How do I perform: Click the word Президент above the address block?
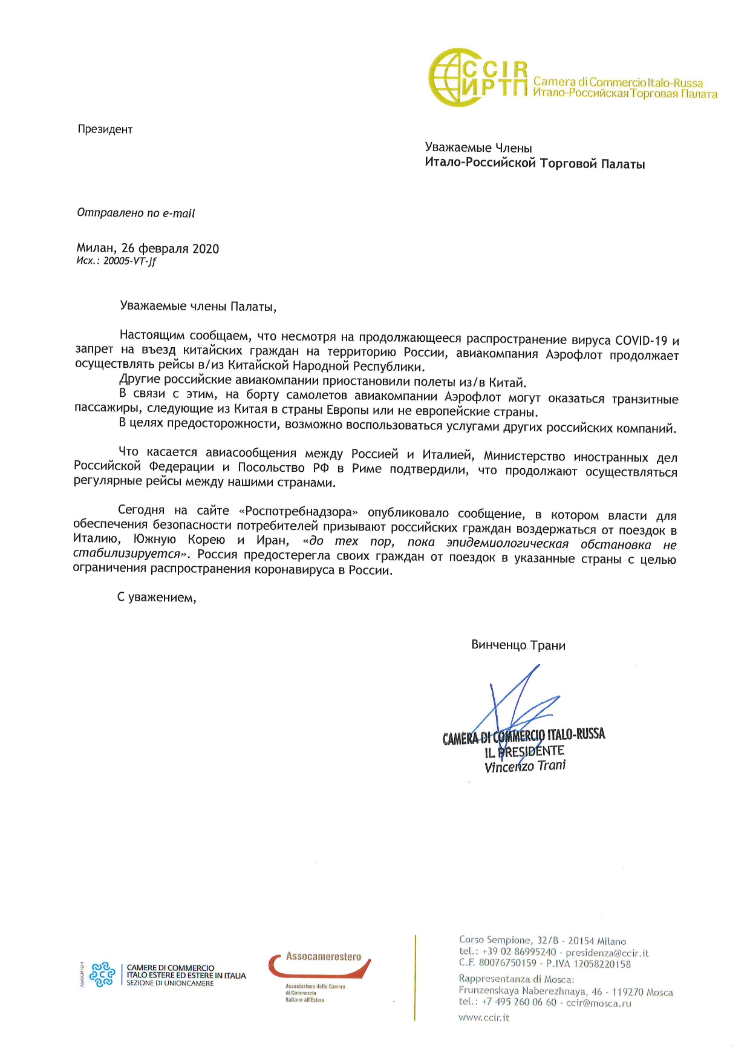(x=105, y=129)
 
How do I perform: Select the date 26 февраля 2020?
(x=170, y=249)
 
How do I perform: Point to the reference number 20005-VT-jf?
(x=129, y=261)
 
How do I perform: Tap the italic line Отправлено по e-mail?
(x=136, y=213)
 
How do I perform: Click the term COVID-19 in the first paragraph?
(x=641, y=341)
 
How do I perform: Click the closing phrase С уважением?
(x=157, y=598)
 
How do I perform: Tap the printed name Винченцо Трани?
(x=518, y=645)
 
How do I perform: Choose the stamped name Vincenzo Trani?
(x=525, y=766)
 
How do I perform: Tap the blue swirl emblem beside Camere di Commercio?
(x=102, y=974)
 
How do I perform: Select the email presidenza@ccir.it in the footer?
(x=607, y=953)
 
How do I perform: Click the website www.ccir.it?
(x=484, y=1017)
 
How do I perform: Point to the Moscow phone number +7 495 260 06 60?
(x=519, y=1002)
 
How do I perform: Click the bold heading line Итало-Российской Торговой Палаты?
(x=535, y=164)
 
